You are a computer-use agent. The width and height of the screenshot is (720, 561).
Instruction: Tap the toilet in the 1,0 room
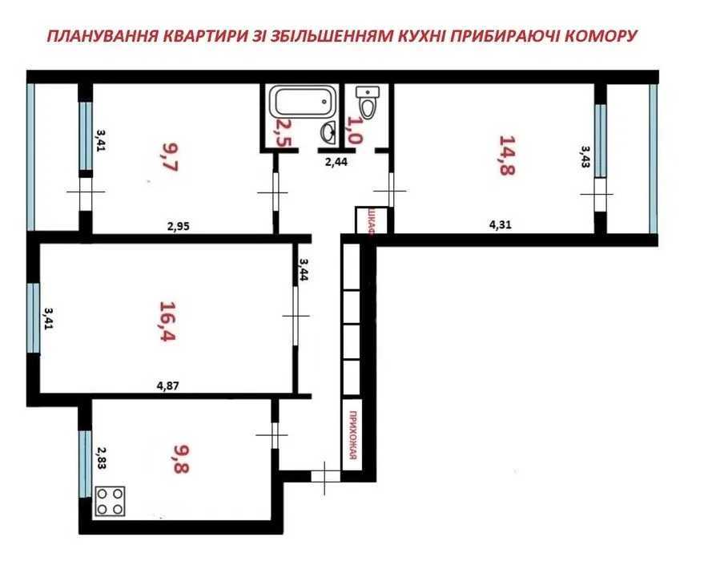(x=368, y=102)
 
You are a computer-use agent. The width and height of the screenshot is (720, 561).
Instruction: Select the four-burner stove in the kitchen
(x=111, y=502)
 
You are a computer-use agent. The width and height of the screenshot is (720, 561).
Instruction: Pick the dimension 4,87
(x=167, y=385)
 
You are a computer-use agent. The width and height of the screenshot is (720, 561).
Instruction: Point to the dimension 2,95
(x=178, y=227)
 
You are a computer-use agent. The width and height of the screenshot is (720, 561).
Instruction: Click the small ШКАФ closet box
(x=371, y=220)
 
